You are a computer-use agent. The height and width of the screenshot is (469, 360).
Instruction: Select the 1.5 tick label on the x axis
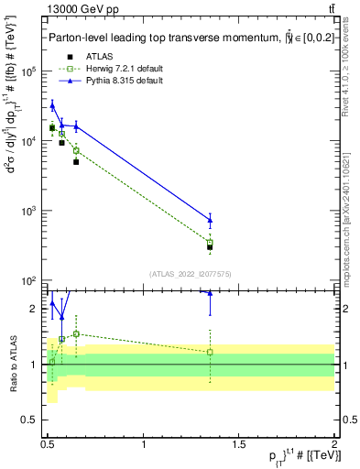tap(240, 444)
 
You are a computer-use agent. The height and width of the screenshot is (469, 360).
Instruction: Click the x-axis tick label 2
tap(334, 444)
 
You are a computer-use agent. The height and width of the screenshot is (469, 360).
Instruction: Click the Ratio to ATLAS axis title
tap(12, 363)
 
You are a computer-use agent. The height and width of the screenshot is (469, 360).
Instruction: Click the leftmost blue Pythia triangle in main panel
tap(52, 106)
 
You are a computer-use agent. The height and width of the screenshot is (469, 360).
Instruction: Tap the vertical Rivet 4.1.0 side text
tap(349, 82)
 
